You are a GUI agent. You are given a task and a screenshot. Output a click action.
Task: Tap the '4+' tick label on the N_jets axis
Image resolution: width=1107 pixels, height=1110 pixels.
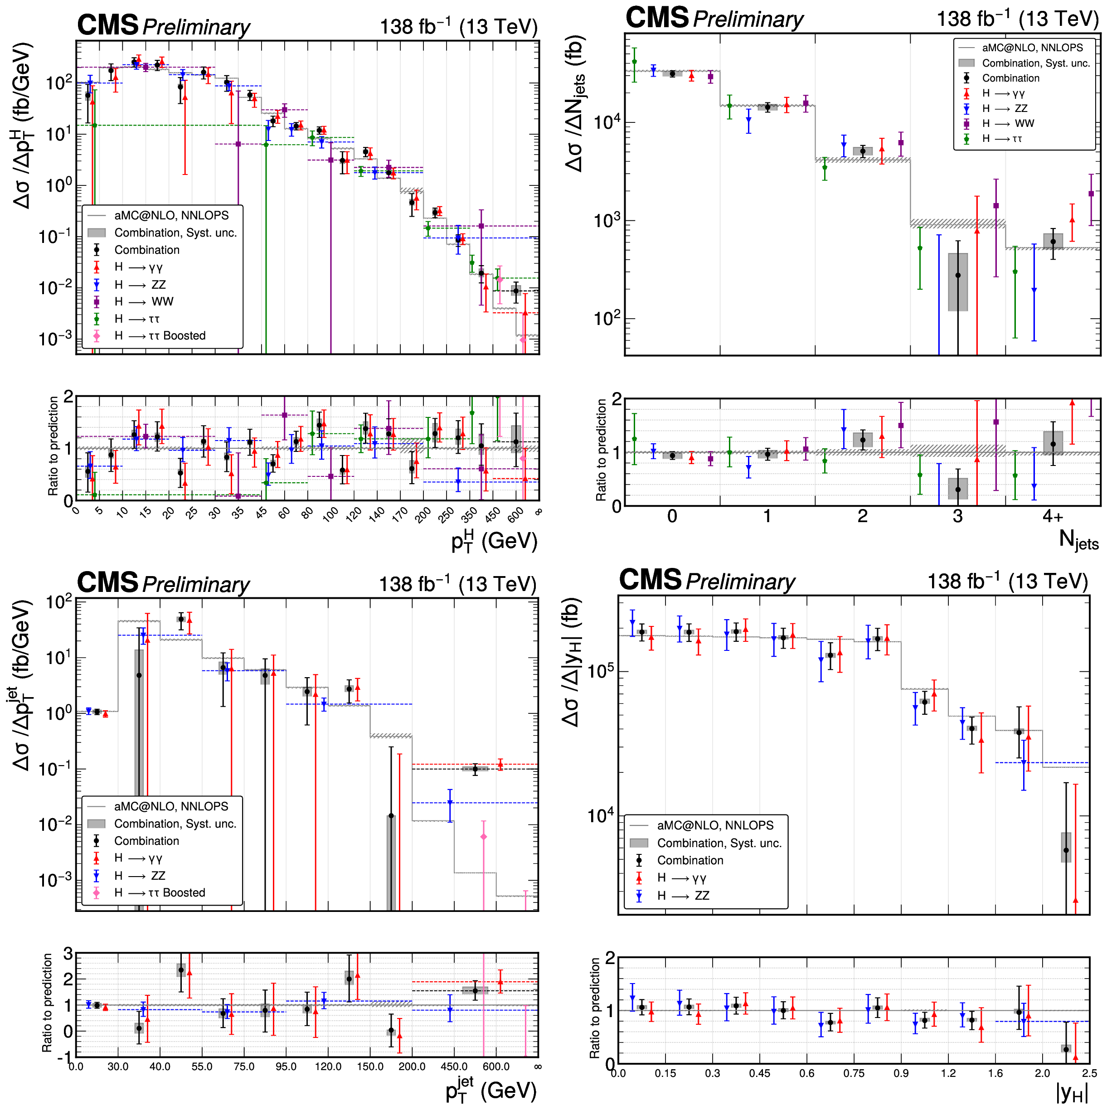(x=1053, y=517)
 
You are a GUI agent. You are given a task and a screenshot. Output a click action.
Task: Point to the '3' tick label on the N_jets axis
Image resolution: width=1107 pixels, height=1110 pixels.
(x=957, y=517)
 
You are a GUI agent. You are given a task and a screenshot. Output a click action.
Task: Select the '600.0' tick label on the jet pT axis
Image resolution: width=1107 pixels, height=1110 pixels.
(x=496, y=1066)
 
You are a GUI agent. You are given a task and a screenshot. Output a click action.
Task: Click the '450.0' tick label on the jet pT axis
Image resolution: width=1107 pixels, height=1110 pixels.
(x=453, y=1066)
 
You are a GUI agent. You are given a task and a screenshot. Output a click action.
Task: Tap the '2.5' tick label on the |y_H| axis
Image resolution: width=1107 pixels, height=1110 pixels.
(x=1088, y=1073)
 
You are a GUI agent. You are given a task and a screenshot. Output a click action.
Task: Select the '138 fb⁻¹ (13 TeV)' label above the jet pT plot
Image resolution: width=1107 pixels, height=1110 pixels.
(x=457, y=584)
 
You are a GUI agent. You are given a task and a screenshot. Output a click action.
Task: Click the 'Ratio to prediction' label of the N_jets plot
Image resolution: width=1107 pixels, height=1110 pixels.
(x=601, y=450)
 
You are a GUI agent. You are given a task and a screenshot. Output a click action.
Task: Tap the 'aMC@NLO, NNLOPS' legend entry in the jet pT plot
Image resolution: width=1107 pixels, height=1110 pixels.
(x=171, y=807)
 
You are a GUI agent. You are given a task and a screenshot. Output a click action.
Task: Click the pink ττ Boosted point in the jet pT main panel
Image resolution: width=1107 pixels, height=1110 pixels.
(x=483, y=837)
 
